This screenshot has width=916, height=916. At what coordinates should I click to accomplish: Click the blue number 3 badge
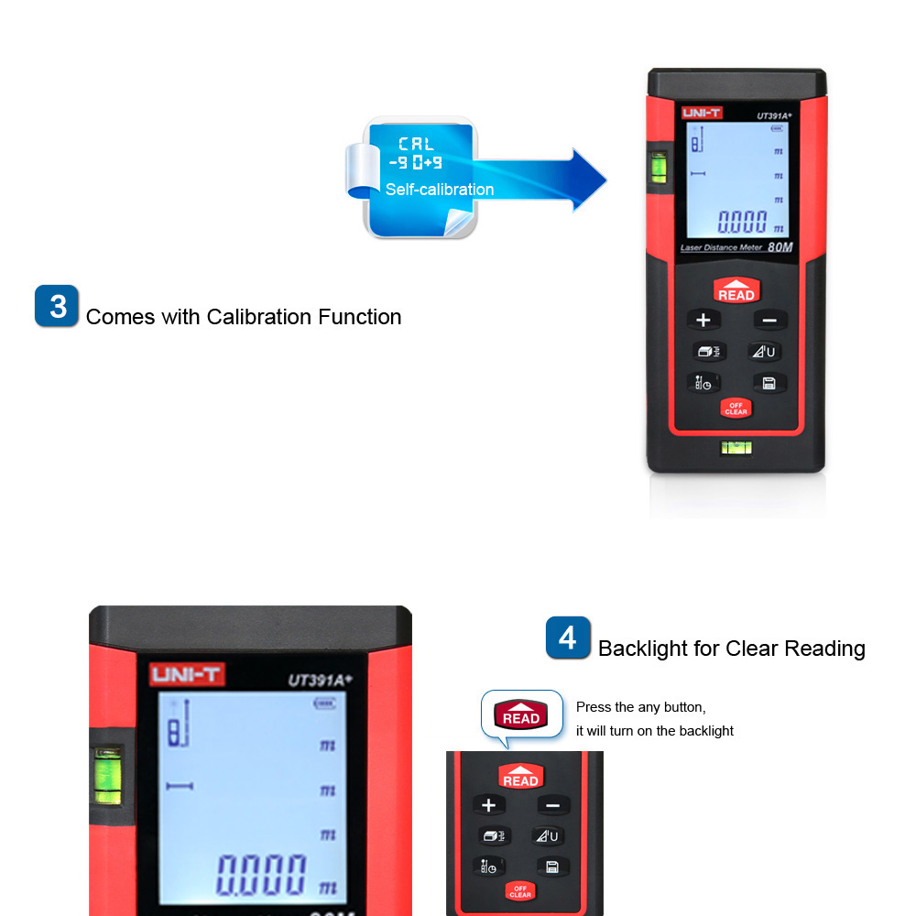coord(57,306)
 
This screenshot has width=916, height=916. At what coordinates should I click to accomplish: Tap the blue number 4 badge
coord(568,638)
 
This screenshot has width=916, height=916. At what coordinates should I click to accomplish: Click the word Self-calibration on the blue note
coord(440,190)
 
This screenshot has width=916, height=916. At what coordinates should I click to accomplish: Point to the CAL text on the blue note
coord(416,144)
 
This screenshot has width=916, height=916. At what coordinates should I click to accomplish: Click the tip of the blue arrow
coord(606,180)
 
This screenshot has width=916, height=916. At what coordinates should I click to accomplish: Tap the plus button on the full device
coord(703,320)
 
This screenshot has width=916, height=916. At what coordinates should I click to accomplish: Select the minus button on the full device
coord(769,320)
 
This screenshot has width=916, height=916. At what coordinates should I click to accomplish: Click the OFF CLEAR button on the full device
coord(736,409)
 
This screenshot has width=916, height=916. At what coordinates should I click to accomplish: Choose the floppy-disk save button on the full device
coord(769,383)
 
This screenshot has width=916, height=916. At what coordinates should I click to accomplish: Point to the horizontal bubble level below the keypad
coord(736,448)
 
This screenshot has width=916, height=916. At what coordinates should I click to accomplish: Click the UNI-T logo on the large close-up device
coord(186,675)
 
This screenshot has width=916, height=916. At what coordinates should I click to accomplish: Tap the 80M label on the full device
coord(780,247)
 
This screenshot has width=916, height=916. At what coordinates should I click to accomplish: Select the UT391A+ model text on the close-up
coord(320,680)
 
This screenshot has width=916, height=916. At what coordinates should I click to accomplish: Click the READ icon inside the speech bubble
coord(521,714)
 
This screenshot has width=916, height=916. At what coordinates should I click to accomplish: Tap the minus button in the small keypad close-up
coord(552,805)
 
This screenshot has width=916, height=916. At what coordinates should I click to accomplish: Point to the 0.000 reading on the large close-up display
coord(261,875)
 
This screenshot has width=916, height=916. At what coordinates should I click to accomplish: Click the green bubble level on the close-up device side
coord(107,777)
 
